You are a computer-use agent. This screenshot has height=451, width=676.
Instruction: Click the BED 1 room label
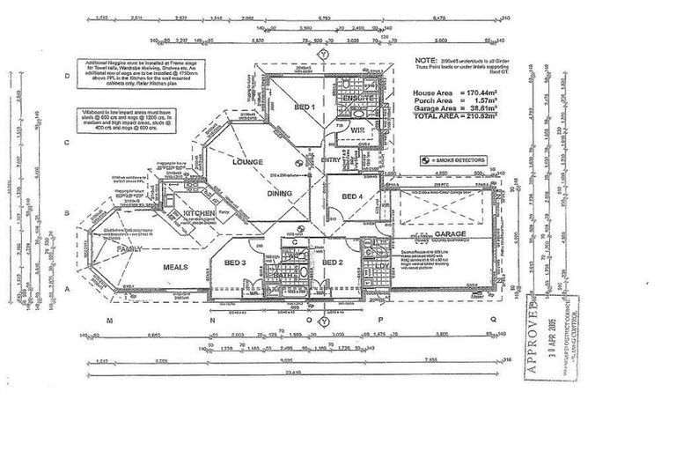(x=304, y=107)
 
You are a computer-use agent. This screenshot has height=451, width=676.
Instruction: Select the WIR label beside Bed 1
(x=358, y=129)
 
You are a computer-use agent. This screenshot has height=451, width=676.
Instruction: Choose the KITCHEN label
(x=199, y=214)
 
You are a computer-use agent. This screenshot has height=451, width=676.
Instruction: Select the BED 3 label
(x=234, y=262)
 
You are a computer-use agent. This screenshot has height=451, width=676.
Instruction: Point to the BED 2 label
(x=332, y=262)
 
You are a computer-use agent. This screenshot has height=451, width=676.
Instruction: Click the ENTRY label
(x=332, y=160)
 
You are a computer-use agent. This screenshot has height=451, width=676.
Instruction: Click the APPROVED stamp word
(x=533, y=329)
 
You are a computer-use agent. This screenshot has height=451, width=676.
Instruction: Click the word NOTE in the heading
(x=426, y=61)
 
